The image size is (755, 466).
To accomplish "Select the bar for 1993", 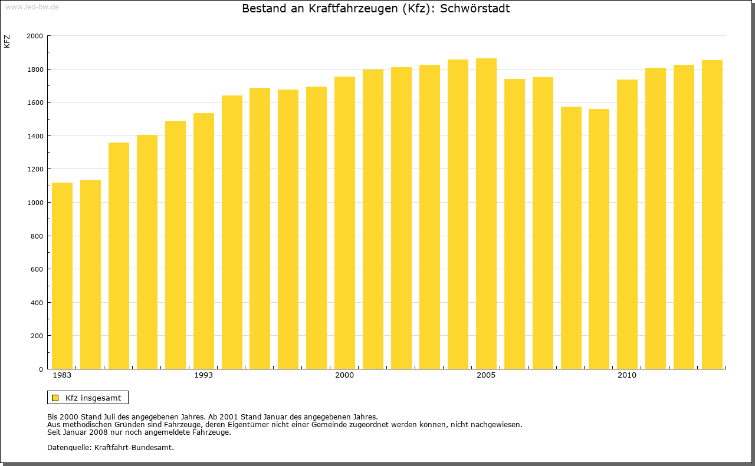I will click(x=203, y=241).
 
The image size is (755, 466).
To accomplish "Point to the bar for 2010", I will click(x=627, y=224).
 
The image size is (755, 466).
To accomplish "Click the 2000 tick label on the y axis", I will click(x=35, y=36).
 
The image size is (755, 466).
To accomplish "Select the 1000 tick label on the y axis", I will click(x=35, y=203).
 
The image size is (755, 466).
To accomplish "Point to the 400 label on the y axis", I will click(x=37, y=303).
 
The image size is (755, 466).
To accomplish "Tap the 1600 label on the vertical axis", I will click(x=35, y=103).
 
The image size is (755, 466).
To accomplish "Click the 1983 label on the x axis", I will click(x=62, y=375).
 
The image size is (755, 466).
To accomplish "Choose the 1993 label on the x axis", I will click(x=203, y=375).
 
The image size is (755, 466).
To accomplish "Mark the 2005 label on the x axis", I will click(x=486, y=375).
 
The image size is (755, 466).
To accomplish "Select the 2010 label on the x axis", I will click(x=627, y=375).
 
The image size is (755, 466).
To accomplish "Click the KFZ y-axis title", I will click(x=7, y=41).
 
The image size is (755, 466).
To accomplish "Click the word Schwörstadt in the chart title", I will click(x=475, y=9).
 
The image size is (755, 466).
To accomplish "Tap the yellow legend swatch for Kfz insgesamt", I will click(x=55, y=398).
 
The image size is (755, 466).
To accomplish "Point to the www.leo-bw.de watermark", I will click(x=31, y=6).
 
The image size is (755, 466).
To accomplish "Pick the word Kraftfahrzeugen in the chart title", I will click(x=351, y=9).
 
